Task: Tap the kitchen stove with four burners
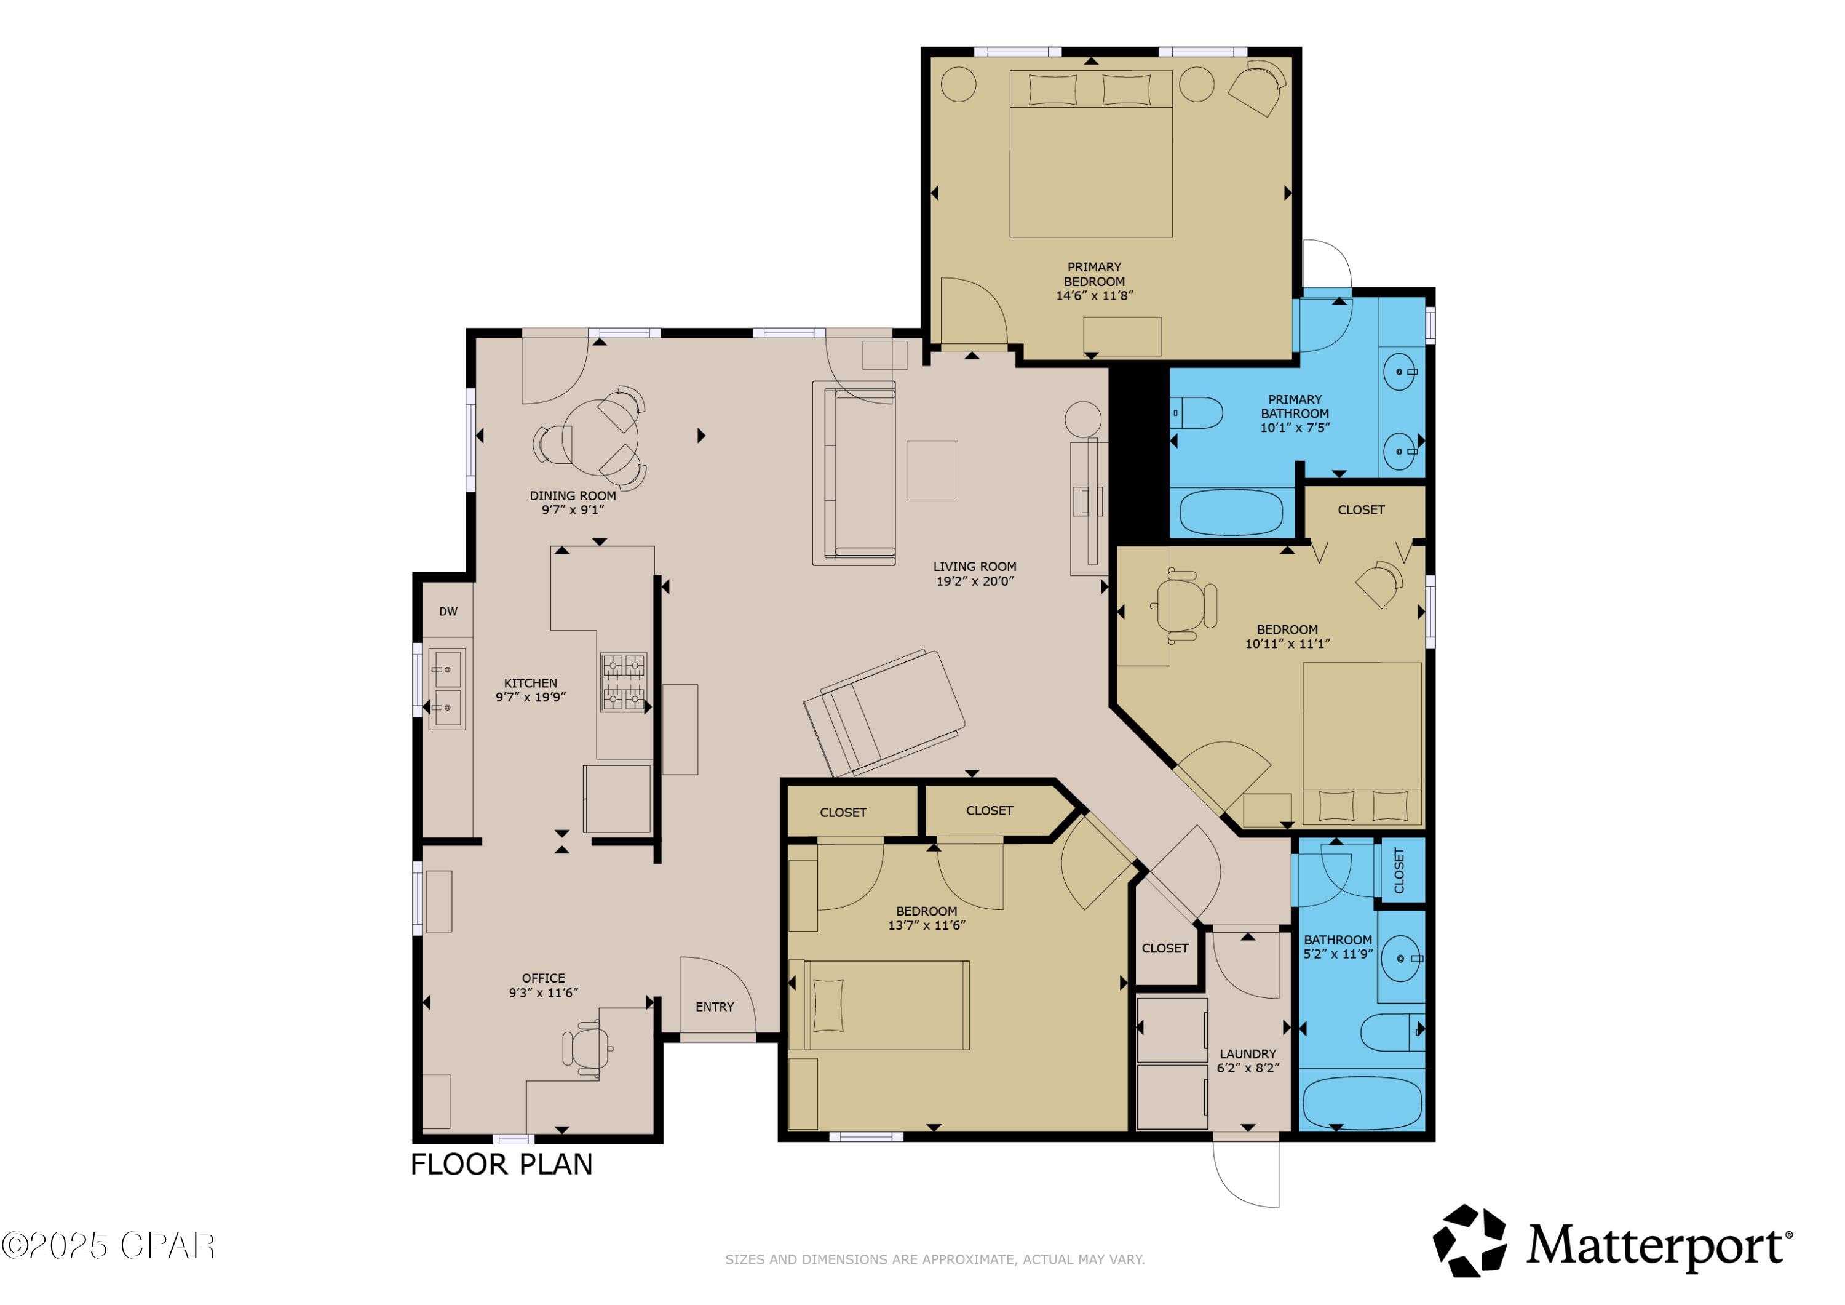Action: (x=624, y=683)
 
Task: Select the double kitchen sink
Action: (x=446, y=689)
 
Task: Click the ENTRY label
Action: (x=715, y=1007)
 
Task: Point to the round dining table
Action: (x=600, y=438)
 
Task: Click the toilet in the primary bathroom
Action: (x=1198, y=412)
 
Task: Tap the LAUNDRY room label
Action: (x=1247, y=1053)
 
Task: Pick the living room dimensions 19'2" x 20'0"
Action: (x=975, y=581)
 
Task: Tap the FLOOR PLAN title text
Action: (x=501, y=1164)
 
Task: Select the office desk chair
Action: (x=586, y=1048)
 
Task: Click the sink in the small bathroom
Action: (x=1402, y=959)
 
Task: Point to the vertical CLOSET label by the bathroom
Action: (x=1399, y=870)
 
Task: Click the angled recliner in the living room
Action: (x=884, y=714)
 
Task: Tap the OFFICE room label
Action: (x=543, y=978)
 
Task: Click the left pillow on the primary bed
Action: (x=1052, y=89)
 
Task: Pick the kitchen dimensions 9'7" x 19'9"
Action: (x=530, y=697)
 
